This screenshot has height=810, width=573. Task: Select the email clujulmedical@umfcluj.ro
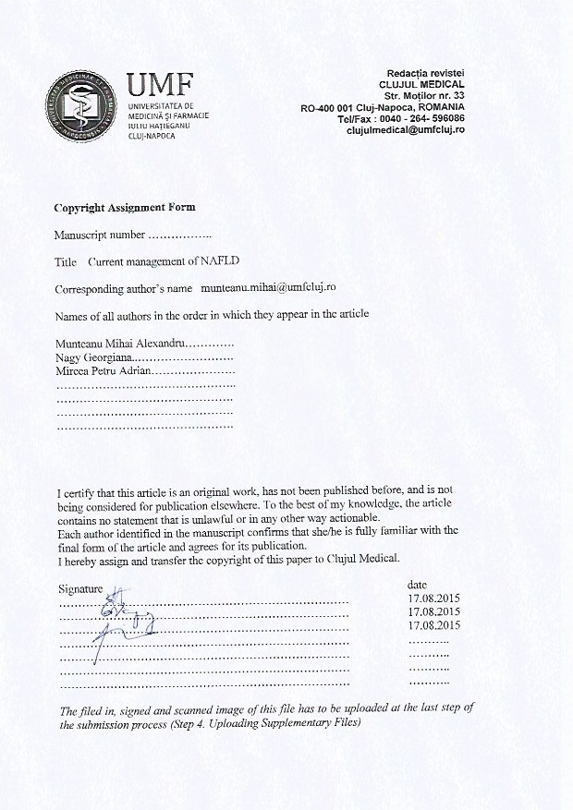point(406,130)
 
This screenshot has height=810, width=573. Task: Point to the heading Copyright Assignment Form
point(124,208)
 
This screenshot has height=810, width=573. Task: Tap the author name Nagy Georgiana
point(94,357)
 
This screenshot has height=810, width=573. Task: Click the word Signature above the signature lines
point(80,588)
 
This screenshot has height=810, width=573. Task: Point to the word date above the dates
point(417,585)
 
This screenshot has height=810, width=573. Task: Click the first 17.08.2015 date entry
point(433,598)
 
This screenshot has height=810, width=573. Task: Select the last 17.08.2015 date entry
point(433,625)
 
